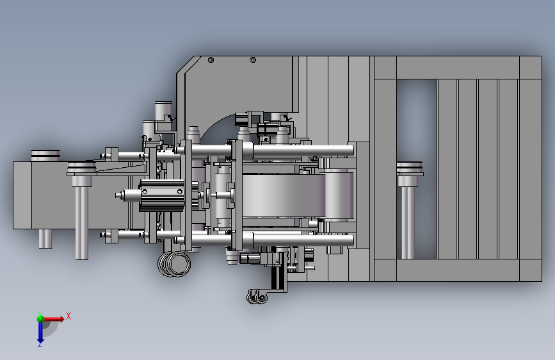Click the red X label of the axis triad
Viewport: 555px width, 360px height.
[68, 316]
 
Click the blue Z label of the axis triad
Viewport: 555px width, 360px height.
[40, 344]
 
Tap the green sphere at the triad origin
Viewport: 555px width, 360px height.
[40, 318]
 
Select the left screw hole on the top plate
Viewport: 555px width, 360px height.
[211, 60]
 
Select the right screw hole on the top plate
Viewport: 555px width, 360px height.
[253, 60]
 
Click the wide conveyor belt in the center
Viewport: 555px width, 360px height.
[284, 195]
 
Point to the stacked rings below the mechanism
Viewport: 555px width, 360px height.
[174, 264]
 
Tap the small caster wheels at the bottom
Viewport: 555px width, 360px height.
[257, 297]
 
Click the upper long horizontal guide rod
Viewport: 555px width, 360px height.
[269, 151]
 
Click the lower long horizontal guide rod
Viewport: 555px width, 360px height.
[269, 240]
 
